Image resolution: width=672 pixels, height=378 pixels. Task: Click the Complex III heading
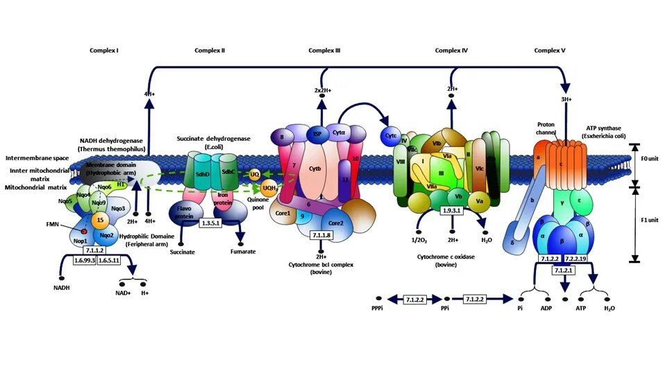tap(324, 50)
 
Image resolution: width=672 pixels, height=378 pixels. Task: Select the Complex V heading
tap(550, 50)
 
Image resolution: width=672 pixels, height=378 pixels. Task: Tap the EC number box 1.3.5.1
tap(210, 223)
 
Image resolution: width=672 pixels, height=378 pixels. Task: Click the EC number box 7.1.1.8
tap(321, 236)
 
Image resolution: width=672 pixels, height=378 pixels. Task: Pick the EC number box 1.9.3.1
tap(452, 209)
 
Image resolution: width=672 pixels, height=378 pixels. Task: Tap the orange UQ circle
tap(255, 173)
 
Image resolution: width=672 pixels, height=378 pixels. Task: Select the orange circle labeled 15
tap(100, 220)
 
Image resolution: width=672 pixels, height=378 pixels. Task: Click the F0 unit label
tap(652, 159)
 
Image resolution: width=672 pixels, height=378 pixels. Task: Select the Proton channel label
tap(546, 129)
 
